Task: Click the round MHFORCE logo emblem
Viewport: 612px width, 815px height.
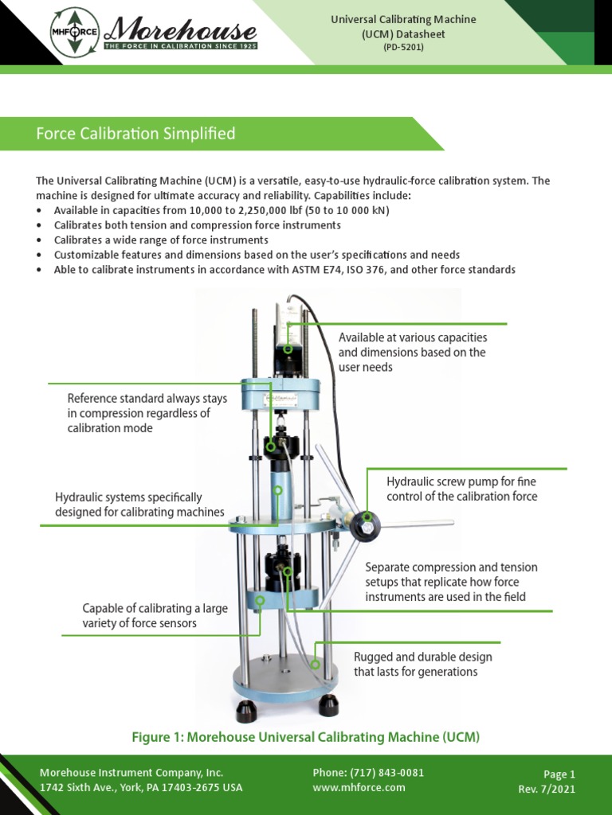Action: [x=75, y=33]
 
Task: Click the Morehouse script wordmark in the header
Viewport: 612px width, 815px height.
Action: [x=182, y=31]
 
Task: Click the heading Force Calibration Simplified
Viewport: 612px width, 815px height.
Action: [x=135, y=134]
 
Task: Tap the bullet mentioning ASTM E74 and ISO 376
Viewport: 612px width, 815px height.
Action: [x=284, y=270]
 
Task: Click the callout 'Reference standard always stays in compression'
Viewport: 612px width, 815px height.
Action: [x=147, y=413]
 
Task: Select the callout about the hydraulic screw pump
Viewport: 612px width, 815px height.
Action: [x=461, y=489]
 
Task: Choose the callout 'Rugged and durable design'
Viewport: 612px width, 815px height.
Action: [x=422, y=664]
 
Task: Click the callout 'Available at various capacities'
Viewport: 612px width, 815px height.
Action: [x=412, y=352]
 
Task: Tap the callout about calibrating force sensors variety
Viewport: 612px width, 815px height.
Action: [x=155, y=615]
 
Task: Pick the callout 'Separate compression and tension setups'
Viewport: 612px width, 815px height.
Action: [x=451, y=582]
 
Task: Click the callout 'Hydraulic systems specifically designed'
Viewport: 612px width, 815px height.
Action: [x=139, y=505]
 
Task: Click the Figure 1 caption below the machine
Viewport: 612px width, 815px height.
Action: [x=305, y=737]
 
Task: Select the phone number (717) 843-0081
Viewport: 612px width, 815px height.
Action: [x=368, y=773]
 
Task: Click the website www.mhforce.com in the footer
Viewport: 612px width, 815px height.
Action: [x=359, y=787]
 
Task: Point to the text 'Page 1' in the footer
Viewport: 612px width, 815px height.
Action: [x=559, y=774]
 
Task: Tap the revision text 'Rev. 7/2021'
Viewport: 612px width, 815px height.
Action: [x=547, y=789]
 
